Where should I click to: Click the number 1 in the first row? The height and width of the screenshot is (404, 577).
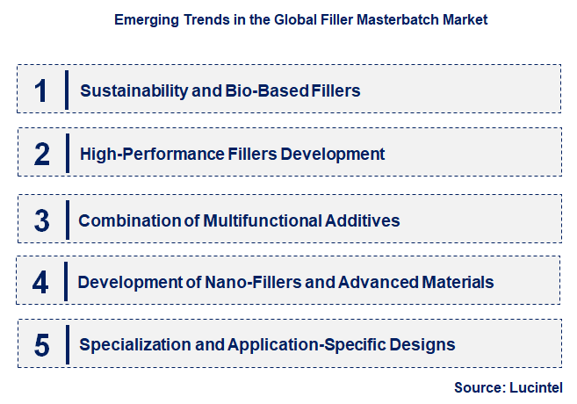coord(40,90)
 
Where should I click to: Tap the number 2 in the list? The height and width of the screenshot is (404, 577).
coord(41,154)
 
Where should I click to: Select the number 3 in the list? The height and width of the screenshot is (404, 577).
coord(41,219)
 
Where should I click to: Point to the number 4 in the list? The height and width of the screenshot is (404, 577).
coord(41,282)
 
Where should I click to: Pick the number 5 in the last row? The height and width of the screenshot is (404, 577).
coord(41,344)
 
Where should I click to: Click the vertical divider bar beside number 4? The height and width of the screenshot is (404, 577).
coord(67,282)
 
